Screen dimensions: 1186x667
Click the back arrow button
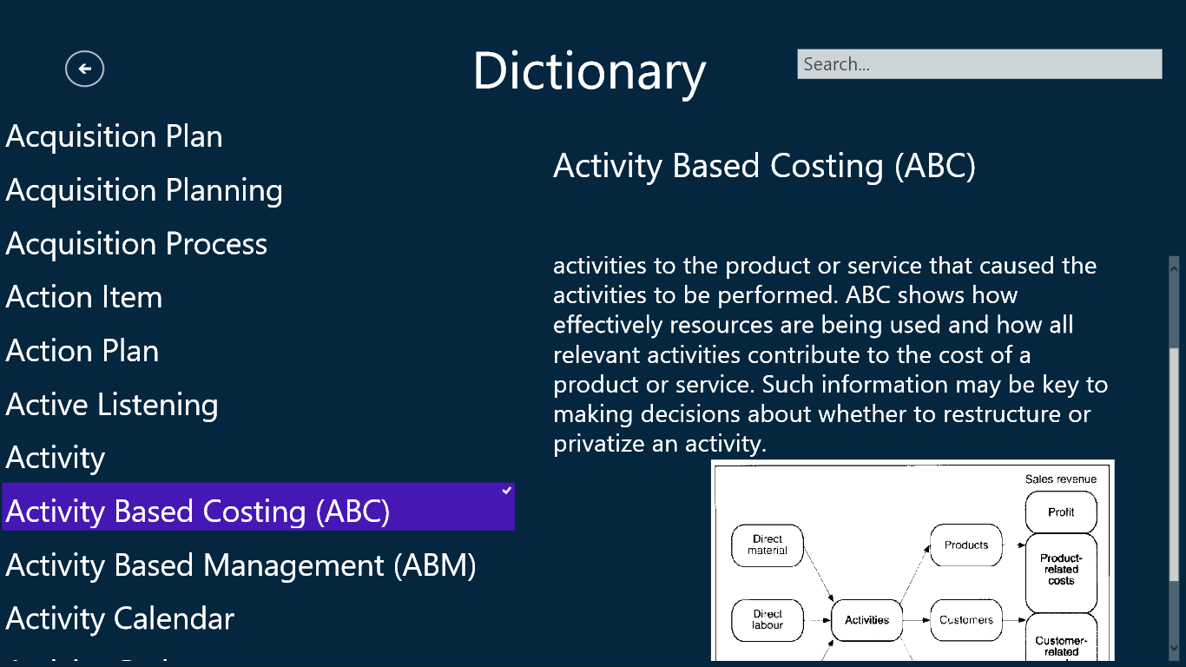tap(85, 69)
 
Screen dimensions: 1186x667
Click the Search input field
tap(979, 64)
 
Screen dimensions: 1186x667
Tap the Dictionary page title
tap(590, 71)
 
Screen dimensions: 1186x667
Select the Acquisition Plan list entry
tap(114, 136)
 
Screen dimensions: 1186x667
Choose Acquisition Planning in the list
tap(144, 190)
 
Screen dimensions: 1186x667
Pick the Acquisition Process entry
tap(136, 244)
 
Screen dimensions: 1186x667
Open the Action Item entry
tap(83, 297)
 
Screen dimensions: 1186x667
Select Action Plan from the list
tap(82, 351)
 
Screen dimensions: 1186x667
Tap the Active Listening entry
tap(112, 405)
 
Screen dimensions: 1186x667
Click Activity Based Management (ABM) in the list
tap(240, 565)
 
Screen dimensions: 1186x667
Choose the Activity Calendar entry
tap(120, 618)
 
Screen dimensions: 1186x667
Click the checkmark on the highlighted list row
tap(507, 491)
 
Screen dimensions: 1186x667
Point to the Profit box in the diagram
tap(1061, 512)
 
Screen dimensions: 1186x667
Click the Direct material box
tap(768, 545)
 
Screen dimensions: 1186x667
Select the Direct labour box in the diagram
tap(768, 620)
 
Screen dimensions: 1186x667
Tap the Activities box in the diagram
tap(866, 620)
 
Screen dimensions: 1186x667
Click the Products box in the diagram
tap(966, 545)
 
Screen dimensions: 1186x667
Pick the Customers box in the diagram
tap(966, 620)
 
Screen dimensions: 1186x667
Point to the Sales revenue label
tap(1060, 479)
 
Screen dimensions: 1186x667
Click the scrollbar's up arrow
tap(1174, 268)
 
